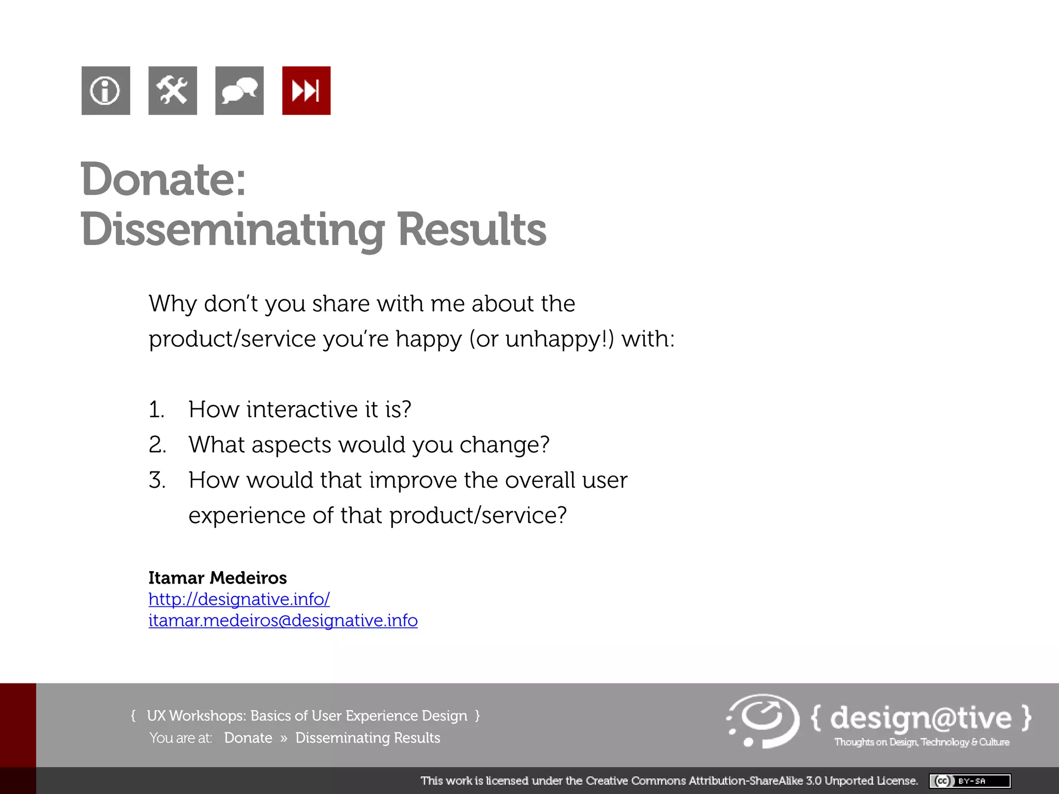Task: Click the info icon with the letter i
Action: pos(105,90)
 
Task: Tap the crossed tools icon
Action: pos(172,90)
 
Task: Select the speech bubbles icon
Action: pos(239,90)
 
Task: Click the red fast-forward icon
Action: pos(306,90)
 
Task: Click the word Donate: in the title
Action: pos(163,179)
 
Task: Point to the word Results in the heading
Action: pos(472,230)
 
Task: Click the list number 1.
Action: pos(156,410)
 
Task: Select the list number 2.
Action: pos(157,445)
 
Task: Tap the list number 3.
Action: pos(157,480)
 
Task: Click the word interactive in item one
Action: pos(302,409)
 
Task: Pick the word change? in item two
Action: pos(504,445)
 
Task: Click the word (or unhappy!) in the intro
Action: pos(541,340)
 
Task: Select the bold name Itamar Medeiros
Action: pos(217,577)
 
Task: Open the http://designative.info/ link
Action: pos(239,599)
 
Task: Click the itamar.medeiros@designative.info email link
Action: pos(283,620)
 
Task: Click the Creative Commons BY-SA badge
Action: pos(970,781)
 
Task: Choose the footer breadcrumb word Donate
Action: pos(248,738)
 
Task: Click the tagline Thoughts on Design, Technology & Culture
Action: pos(921,742)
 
